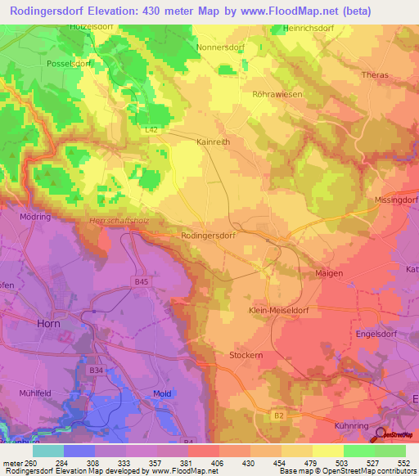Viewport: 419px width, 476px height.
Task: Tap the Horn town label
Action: (48, 323)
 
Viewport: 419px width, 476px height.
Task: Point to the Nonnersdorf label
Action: (221, 47)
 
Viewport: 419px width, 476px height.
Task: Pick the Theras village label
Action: (374, 74)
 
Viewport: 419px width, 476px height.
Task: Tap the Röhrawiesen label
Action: (277, 94)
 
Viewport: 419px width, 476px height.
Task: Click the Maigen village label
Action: (329, 273)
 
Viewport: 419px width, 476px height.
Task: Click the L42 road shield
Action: (149, 129)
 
